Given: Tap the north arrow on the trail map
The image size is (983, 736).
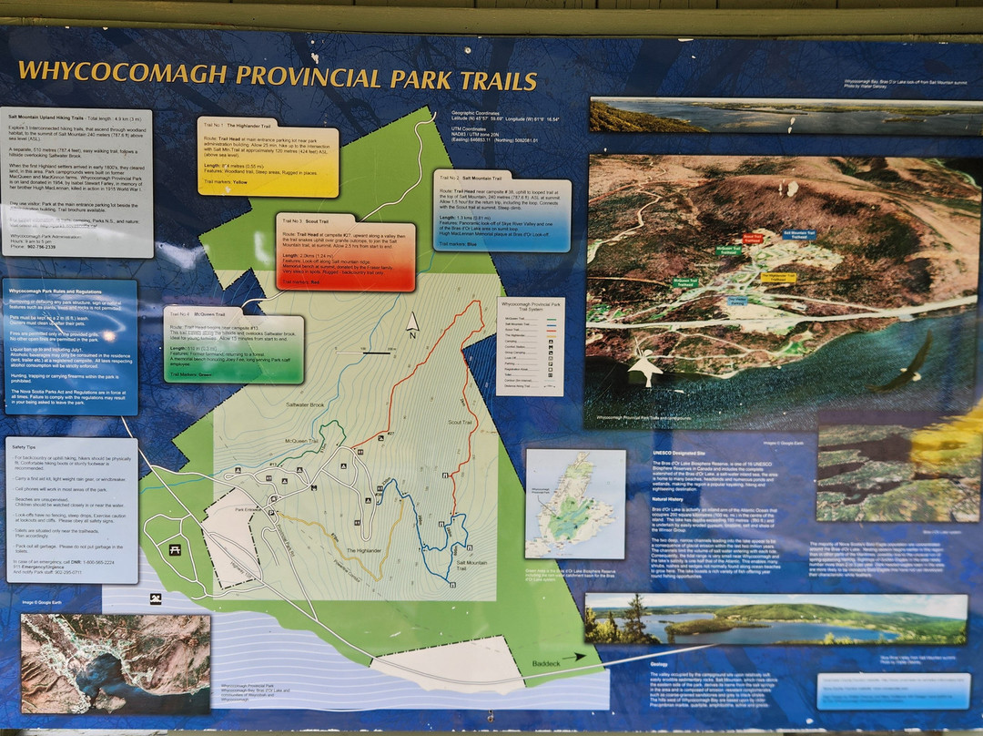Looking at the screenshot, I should (412, 323).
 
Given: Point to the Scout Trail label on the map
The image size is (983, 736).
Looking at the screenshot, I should (461, 423).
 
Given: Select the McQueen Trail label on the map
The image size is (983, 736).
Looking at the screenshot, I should (299, 442).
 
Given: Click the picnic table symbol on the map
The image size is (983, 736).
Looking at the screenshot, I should (174, 549).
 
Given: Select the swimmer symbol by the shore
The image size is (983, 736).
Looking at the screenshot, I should (155, 598).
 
